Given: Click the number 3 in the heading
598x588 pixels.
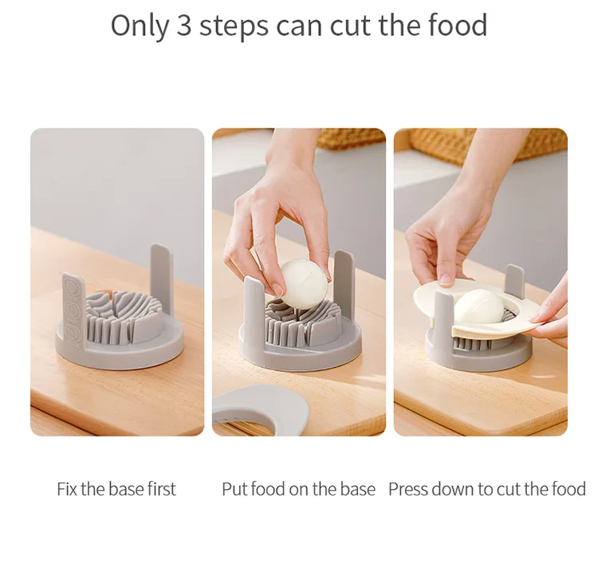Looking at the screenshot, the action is coord(184,26).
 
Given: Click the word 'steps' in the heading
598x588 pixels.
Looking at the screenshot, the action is coord(234,26).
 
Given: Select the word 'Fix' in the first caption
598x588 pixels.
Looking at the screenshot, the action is coord(67,489).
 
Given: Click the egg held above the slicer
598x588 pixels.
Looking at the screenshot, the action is coord(304,283).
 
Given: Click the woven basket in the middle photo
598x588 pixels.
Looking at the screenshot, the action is coord(351,139).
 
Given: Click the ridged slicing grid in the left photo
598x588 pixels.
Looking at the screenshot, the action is coord(124,318).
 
